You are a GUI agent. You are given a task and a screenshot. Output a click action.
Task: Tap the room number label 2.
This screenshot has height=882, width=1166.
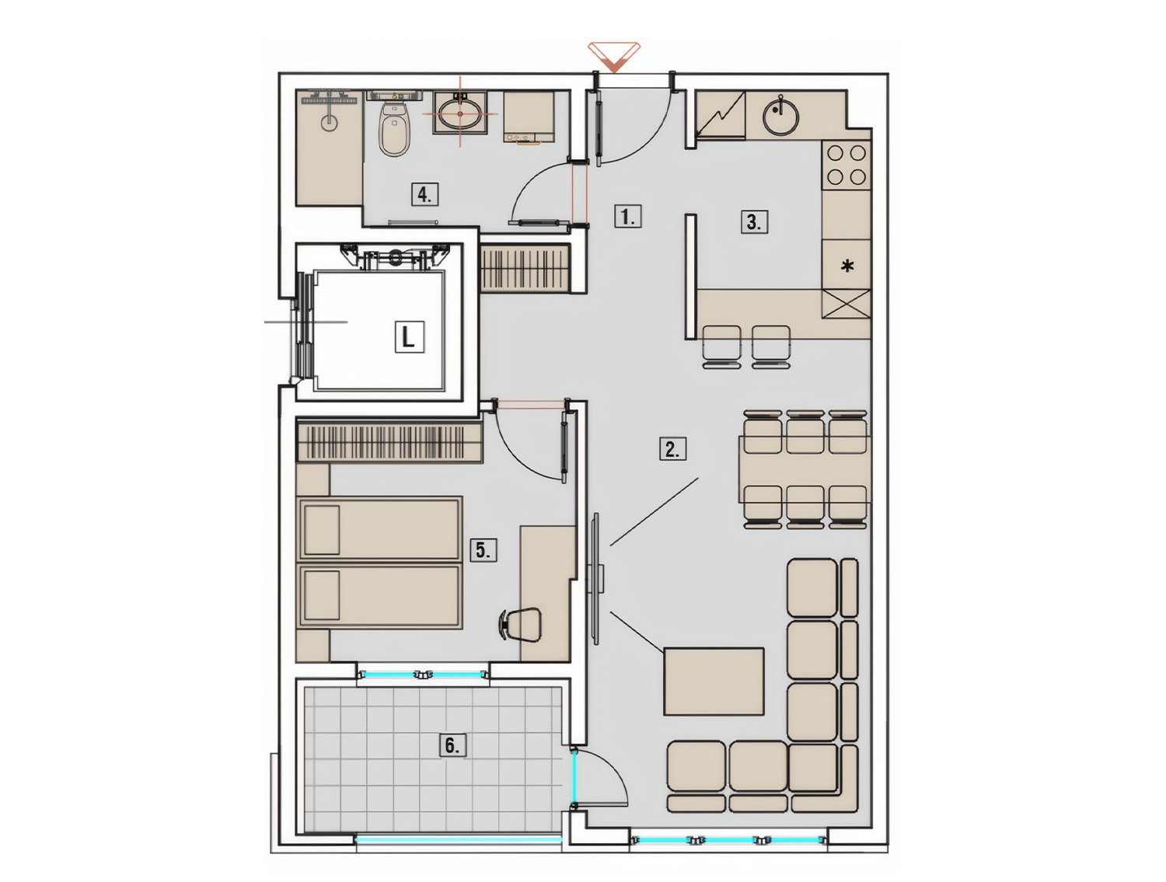(672, 449)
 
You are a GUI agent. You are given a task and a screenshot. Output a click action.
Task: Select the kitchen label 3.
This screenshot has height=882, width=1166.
(754, 222)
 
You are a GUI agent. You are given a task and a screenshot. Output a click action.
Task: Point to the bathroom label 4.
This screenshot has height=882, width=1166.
(424, 194)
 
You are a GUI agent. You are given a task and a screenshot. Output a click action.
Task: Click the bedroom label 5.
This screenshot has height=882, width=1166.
(483, 550)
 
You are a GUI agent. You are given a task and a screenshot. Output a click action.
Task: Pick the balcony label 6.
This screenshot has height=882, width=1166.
(452, 746)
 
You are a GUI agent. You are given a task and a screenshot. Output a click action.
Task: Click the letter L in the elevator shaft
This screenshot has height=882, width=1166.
(409, 337)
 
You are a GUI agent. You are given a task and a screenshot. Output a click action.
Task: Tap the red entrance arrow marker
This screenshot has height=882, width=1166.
(613, 58)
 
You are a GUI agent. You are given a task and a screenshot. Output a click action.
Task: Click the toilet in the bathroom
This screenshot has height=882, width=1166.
(393, 128)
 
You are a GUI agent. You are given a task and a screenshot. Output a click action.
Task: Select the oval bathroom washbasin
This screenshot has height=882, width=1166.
(460, 114)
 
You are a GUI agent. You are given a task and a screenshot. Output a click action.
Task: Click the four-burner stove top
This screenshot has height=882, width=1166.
(846, 166)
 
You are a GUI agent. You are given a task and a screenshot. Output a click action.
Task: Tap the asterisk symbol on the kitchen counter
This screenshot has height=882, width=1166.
(847, 266)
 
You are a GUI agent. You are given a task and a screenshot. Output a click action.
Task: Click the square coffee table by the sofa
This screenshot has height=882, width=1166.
(713, 682)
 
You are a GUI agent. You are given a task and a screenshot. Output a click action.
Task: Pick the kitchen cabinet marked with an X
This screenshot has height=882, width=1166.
(846, 305)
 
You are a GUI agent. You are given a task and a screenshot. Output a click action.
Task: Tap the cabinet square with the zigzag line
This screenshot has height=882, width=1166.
(720, 114)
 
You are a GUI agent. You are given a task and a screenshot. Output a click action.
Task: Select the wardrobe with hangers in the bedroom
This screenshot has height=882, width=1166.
(389, 441)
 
